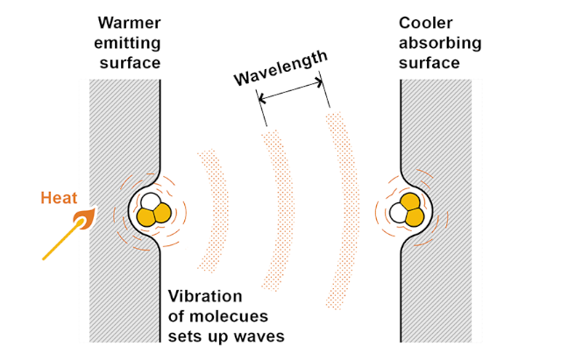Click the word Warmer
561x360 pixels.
(129, 23)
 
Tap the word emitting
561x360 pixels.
(127, 43)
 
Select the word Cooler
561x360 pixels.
(426, 23)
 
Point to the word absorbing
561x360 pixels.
(440, 43)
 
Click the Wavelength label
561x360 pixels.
(280, 68)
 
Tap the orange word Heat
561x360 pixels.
(59, 198)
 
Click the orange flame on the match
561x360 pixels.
(84, 219)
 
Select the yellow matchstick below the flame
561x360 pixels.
(60, 240)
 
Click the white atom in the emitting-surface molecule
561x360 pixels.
(151, 202)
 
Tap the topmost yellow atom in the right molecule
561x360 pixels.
(410, 201)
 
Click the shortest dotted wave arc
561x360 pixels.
(214, 211)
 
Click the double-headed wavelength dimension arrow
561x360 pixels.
(290, 91)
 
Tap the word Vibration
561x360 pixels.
(205, 296)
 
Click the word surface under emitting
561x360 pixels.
(130, 63)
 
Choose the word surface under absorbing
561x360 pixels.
(430, 63)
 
